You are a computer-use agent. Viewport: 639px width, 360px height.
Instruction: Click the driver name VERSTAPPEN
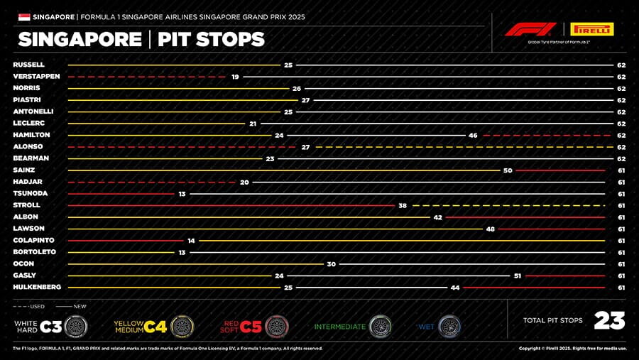click(x=36, y=76)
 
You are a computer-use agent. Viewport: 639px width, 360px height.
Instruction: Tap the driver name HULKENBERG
click(x=37, y=287)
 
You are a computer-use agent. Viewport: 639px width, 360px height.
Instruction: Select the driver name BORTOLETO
click(x=34, y=252)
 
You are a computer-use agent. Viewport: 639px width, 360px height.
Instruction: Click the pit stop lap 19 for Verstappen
click(x=235, y=76)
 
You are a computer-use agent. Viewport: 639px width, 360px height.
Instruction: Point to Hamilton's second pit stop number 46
click(x=473, y=135)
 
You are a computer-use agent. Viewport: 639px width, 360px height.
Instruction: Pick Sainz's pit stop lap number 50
click(x=508, y=170)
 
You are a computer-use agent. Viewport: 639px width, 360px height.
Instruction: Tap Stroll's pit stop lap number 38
click(x=403, y=205)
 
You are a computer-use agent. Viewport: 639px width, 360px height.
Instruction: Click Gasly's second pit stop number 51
click(x=518, y=276)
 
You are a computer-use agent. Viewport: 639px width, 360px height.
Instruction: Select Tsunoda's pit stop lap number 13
click(x=182, y=193)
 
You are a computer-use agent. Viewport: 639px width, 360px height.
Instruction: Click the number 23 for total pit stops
click(x=609, y=321)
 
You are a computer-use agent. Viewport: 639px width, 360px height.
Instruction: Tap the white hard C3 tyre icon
click(x=76, y=327)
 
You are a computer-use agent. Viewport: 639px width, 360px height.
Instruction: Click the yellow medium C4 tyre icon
click(x=182, y=327)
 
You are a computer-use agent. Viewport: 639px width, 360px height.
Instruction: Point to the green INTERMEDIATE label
click(x=340, y=327)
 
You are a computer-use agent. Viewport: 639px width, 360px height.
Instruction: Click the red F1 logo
click(x=530, y=30)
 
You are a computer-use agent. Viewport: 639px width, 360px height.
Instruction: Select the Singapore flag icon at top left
click(x=23, y=16)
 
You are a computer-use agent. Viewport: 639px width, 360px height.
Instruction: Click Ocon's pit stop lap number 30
click(x=331, y=263)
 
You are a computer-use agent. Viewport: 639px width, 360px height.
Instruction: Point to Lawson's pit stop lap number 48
click(x=490, y=229)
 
